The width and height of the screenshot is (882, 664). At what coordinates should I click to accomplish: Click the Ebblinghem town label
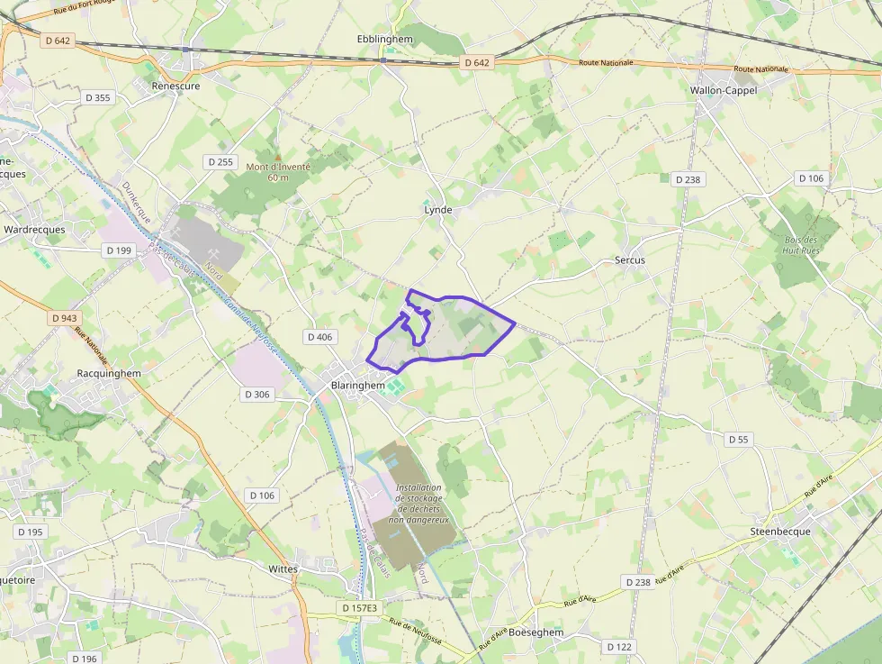pos(384,39)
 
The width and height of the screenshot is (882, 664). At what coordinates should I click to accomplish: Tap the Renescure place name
pos(176,86)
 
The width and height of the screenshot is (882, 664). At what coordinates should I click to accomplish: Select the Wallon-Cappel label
pos(724,90)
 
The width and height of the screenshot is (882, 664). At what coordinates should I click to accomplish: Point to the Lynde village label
pos(438,210)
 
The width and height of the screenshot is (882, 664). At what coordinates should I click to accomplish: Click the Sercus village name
pos(630,259)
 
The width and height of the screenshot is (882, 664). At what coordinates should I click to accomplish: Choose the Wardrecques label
pos(34,230)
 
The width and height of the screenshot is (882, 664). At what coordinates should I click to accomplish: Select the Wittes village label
pos(283,569)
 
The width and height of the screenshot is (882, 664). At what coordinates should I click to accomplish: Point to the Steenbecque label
pos(780,532)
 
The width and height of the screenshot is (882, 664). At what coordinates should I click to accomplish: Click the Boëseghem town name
pos(535,632)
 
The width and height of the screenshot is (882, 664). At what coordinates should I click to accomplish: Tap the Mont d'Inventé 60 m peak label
pos(277,172)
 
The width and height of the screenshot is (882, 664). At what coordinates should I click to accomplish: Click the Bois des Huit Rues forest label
pos(800,246)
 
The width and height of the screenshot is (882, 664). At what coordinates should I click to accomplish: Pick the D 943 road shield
pos(65,318)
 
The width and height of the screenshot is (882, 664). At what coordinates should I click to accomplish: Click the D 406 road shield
pos(319,337)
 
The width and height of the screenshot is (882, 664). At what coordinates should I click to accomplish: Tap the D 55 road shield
pos(738,440)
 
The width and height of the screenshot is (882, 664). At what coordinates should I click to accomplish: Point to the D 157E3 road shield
pos(361,608)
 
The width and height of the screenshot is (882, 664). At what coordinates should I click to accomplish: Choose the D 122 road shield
pos(619,647)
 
